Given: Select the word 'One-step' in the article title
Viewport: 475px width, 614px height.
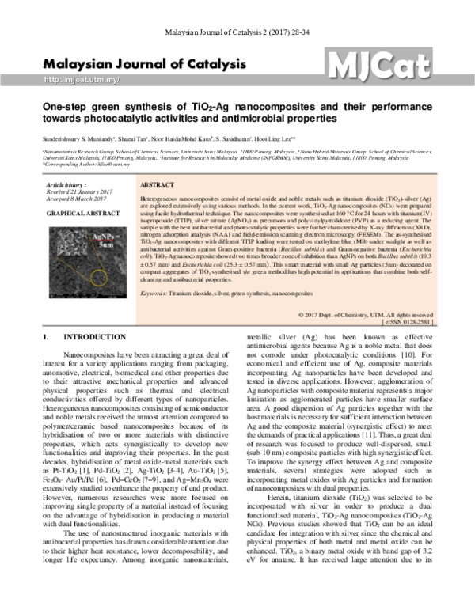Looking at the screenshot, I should [x=67, y=104].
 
